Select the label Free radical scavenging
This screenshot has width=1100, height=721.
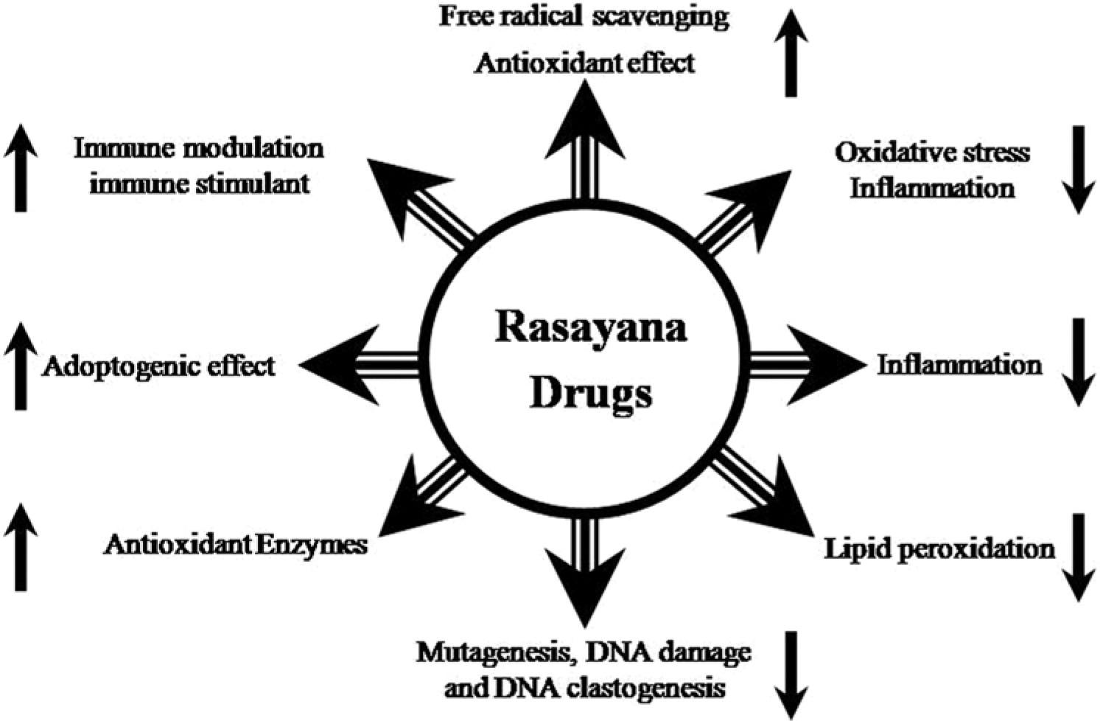click(584, 15)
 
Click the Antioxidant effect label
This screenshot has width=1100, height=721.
click(584, 63)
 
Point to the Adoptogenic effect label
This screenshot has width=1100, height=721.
click(158, 365)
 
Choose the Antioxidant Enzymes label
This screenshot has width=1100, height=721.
click(236, 545)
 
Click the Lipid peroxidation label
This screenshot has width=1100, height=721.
click(939, 548)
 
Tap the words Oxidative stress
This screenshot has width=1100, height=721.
click(932, 153)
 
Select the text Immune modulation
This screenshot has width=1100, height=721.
click(199, 148)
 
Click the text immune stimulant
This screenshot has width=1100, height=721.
click(199, 182)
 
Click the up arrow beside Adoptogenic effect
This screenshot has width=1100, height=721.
click(21, 366)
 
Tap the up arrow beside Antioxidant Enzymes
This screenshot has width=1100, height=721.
click(21, 547)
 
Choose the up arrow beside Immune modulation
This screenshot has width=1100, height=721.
click(21, 168)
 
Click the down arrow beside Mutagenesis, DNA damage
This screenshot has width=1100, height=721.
click(791, 675)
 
